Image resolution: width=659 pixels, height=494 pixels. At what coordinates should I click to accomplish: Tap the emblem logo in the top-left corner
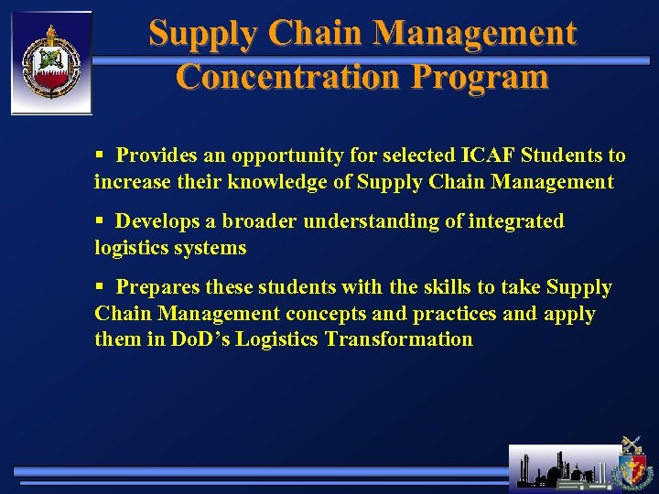coord(51,62)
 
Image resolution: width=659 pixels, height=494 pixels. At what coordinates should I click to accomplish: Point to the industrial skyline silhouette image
coord(562,468)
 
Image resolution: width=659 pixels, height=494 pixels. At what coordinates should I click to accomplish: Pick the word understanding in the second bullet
coord(364,221)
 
